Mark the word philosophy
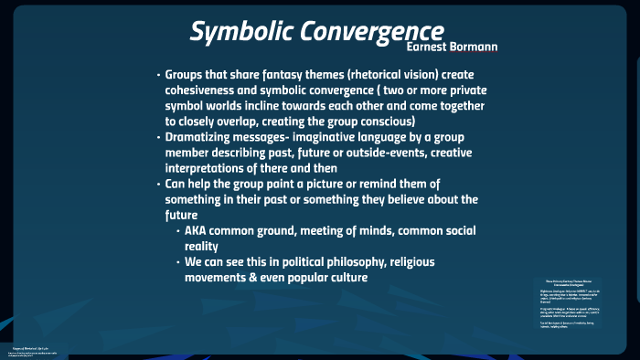coord(362,261)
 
